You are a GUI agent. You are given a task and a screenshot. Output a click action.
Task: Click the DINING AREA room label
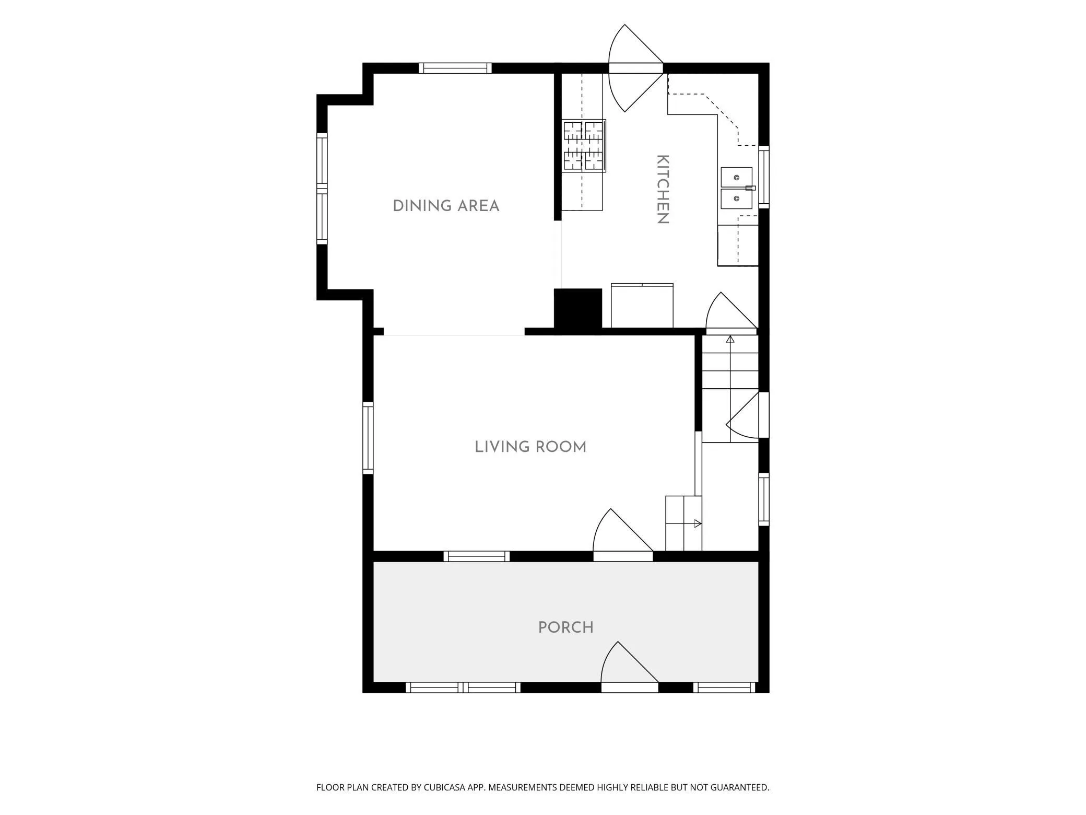tap(446, 206)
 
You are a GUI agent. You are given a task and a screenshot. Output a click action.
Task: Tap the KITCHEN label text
tap(663, 189)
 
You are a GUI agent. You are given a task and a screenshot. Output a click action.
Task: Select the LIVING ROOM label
tap(530, 447)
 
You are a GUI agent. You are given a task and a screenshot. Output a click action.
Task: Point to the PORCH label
tap(566, 627)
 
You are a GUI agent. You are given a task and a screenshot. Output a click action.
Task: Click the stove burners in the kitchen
tap(584, 146)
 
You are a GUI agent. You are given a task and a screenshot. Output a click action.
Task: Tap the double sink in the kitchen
tap(737, 188)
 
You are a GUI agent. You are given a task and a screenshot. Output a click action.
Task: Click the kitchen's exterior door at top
tap(636, 68)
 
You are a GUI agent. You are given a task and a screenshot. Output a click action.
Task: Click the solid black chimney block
tap(577, 309)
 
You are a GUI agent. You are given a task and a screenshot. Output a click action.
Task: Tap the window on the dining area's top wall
tap(455, 68)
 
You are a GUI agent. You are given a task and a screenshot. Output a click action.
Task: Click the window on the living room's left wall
tap(368, 438)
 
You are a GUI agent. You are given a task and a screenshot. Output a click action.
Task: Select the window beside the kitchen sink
tap(764, 177)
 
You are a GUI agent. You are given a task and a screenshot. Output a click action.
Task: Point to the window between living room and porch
tap(477, 556)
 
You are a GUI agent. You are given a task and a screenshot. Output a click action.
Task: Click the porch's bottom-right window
tap(725, 688)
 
